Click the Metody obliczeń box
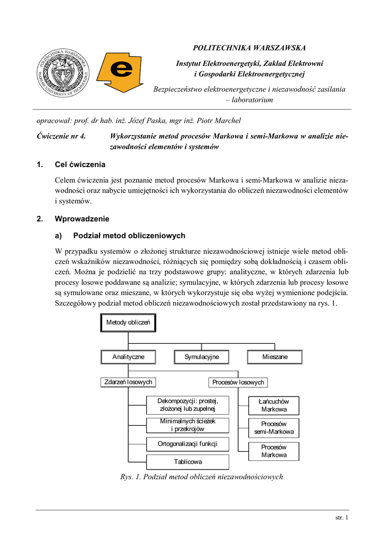point(128,323)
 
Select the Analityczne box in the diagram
point(128,357)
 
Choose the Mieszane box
point(274,357)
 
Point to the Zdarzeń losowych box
point(128,382)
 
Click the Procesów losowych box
point(237,382)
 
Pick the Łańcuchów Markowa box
point(274,406)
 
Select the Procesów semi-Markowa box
point(274,428)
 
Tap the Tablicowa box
point(188,461)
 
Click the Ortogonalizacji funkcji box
point(188,443)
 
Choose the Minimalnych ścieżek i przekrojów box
point(188,425)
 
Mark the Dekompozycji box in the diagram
point(188,405)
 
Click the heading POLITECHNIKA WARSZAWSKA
point(249,48)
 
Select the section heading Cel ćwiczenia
point(80,164)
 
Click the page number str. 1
point(341,517)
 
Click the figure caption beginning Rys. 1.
point(201,477)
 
